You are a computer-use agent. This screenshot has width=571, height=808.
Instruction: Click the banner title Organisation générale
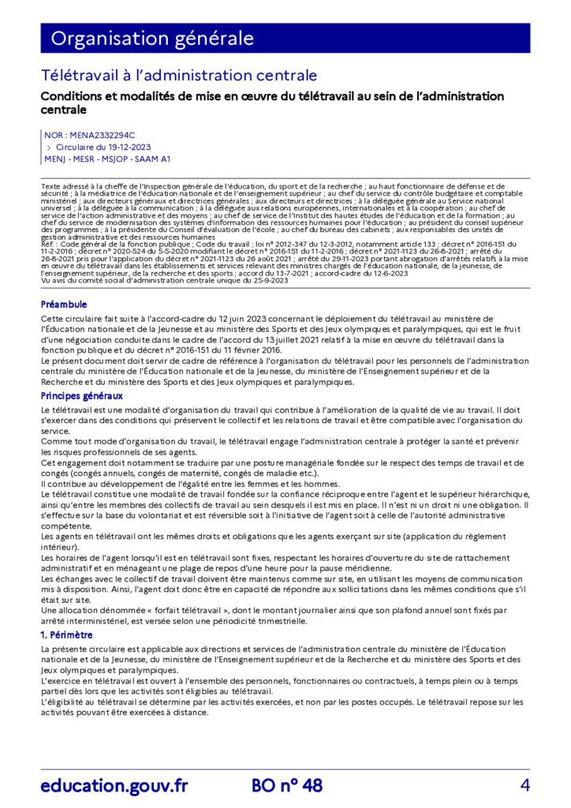click(x=152, y=38)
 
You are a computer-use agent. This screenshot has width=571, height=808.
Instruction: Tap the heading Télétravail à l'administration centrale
click(x=179, y=75)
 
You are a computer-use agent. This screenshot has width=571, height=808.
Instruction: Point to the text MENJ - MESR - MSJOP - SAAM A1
click(x=107, y=158)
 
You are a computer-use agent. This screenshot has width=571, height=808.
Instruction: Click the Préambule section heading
click(x=64, y=304)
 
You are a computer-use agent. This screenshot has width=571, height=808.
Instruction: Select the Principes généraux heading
click(x=81, y=395)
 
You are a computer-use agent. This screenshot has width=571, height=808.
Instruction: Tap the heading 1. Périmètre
click(x=67, y=634)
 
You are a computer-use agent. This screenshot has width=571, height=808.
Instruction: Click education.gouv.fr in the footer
click(x=114, y=785)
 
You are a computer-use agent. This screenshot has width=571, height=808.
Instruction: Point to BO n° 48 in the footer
click(x=286, y=785)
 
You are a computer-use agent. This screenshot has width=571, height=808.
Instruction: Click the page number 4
click(x=524, y=785)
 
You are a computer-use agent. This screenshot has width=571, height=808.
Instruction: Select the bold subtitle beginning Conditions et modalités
click(x=272, y=103)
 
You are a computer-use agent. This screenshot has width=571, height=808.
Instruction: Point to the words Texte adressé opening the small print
click(x=63, y=185)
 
